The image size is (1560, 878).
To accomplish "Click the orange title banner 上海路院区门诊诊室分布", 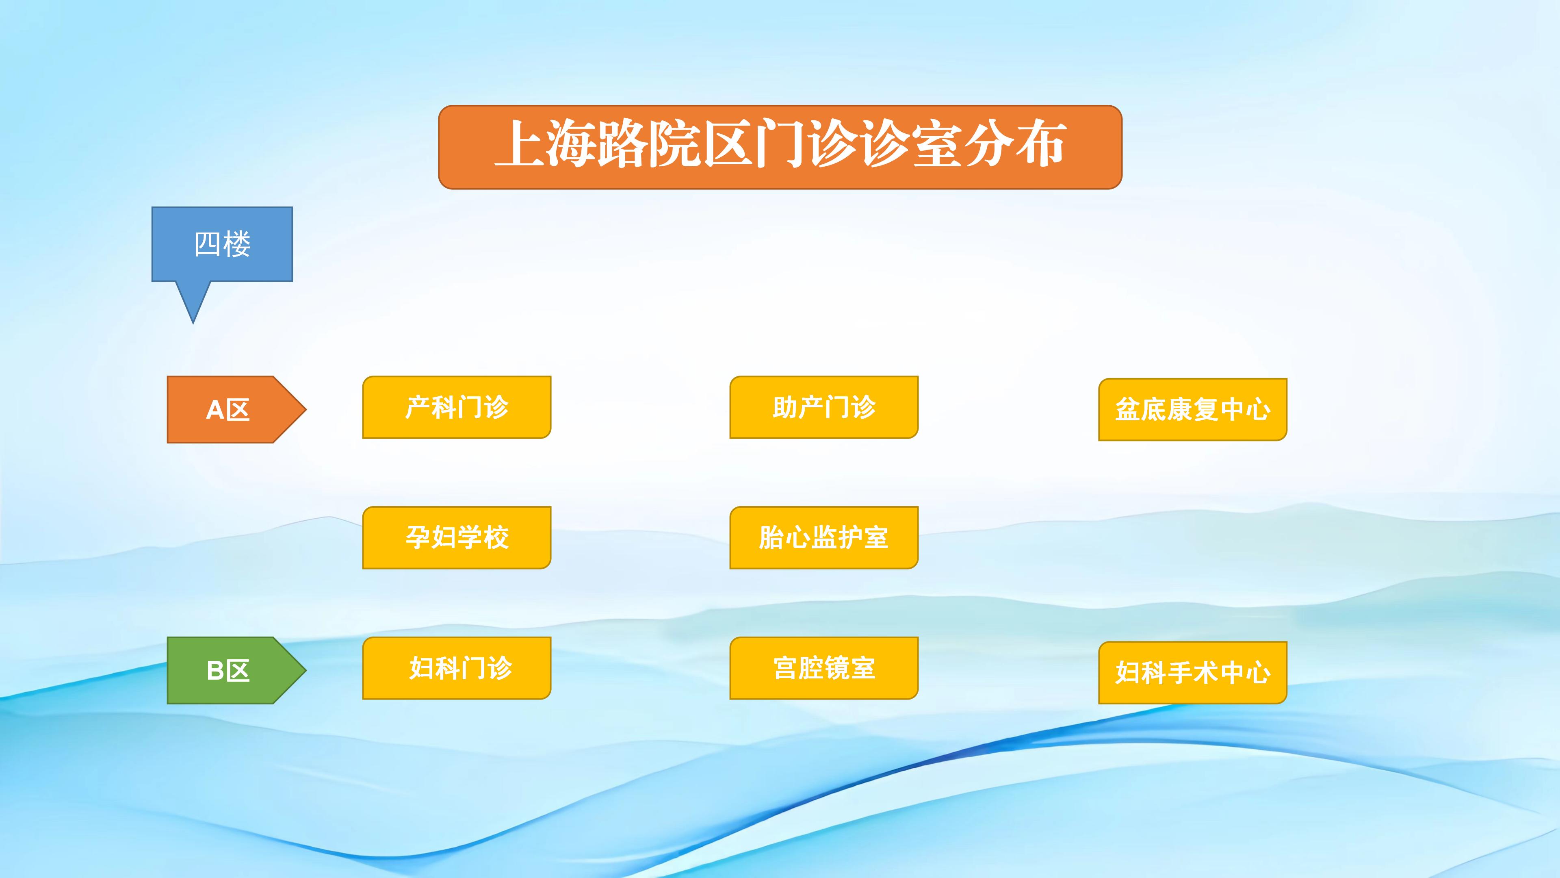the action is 780,147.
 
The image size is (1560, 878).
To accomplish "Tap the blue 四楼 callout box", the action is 222,244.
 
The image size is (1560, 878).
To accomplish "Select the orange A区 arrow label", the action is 236,410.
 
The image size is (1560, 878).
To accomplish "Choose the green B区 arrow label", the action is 236,670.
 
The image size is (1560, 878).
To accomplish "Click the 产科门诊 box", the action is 457,407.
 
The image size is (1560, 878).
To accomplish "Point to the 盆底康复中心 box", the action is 1192,410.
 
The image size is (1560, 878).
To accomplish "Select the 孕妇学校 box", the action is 457,537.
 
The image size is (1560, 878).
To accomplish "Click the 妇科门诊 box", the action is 457,668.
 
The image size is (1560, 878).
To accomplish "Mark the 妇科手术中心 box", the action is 1192,673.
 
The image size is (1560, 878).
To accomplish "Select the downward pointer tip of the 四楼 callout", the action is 193,324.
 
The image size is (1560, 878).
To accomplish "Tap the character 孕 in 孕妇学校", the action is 418,537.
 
